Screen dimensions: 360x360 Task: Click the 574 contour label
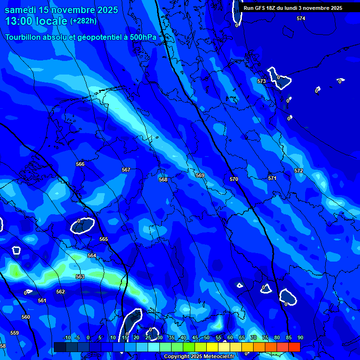coord(301,18)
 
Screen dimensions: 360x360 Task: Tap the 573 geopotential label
coord(262,81)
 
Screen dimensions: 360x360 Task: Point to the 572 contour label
coord(299,171)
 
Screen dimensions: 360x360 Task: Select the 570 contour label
coord(234,179)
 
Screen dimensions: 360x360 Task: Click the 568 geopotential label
coord(163,180)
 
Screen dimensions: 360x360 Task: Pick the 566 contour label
coord(80,164)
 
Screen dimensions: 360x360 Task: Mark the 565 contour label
coord(104,240)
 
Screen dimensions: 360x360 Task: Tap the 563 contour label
coord(80,277)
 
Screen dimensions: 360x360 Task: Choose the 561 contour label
coord(42,300)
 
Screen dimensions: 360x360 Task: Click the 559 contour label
coord(15,333)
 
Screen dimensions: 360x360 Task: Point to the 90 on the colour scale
coord(300,337)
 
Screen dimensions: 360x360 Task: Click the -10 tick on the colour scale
coord(67,337)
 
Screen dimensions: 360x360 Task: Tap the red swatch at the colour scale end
coord(294,347)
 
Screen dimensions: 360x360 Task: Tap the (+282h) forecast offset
coord(83,21)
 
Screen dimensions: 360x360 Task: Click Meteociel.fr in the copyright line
coord(219,356)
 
